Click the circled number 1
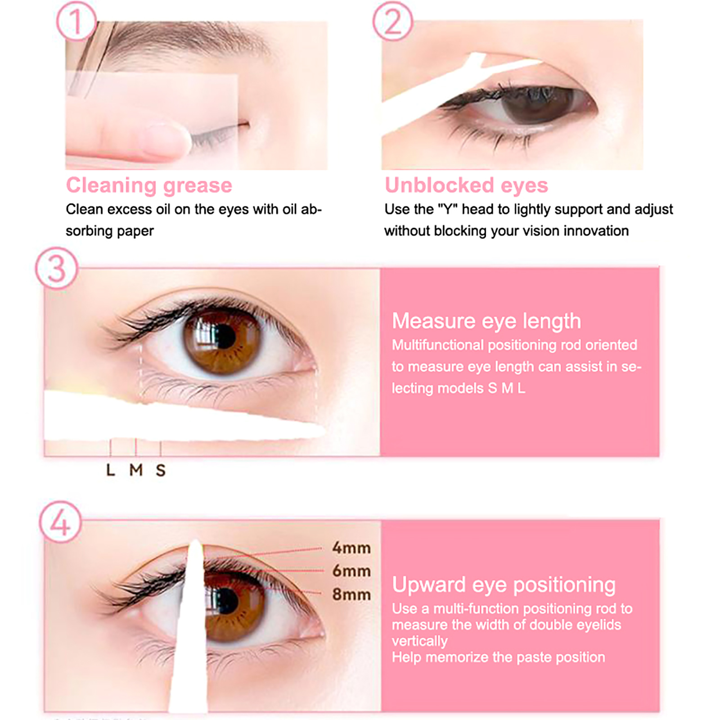(76, 21)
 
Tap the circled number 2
(393, 21)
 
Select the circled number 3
(57, 269)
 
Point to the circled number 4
(61, 522)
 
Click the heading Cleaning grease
(149, 185)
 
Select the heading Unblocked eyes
(466, 185)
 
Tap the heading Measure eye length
(486, 321)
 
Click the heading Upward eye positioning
(504, 585)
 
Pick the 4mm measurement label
(351, 548)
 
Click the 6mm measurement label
(351, 571)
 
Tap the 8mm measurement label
(351, 594)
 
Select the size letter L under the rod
(111, 470)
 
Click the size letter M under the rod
(136, 470)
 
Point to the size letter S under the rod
(161, 470)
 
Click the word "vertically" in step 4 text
(419, 641)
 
